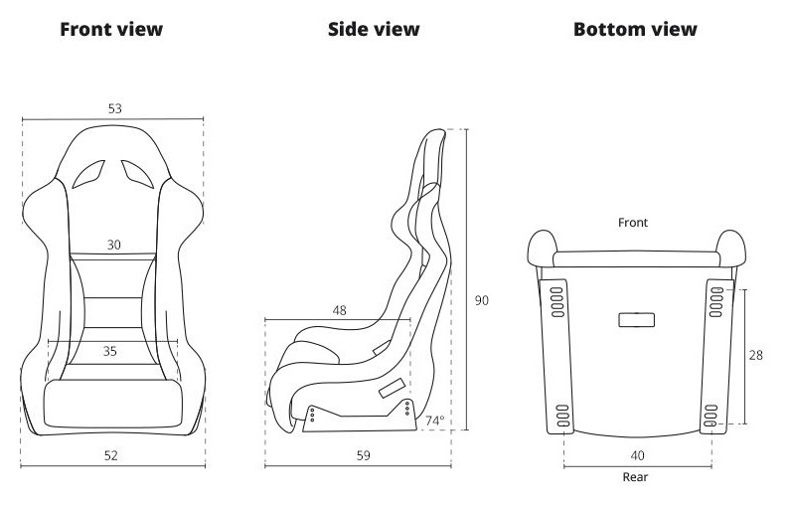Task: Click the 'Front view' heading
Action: (x=111, y=29)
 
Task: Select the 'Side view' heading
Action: (x=374, y=29)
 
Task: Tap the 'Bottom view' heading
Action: (x=635, y=29)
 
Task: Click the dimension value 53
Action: (x=115, y=108)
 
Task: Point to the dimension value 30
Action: (x=114, y=245)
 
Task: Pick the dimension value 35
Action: (x=110, y=351)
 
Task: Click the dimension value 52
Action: (x=111, y=455)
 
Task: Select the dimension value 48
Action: (x=340, y=311)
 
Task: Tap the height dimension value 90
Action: (x=482, y=300)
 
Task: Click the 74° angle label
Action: (x=435, y=421)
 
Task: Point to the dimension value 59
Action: (x=364, y=455)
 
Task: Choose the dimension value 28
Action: (x=755, y=356)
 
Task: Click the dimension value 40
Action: (x=638, y=455)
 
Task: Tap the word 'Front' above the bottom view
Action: (x=633, y=223)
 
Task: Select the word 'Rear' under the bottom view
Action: (x=635, y=477)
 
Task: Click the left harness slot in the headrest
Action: (x=88, y=174)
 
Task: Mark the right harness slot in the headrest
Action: (x=137, y=174)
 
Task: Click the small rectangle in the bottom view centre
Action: (x=637, y=320)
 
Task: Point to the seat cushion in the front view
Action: (x=113, y=404)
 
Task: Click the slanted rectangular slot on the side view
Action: (x=392, y=388)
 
